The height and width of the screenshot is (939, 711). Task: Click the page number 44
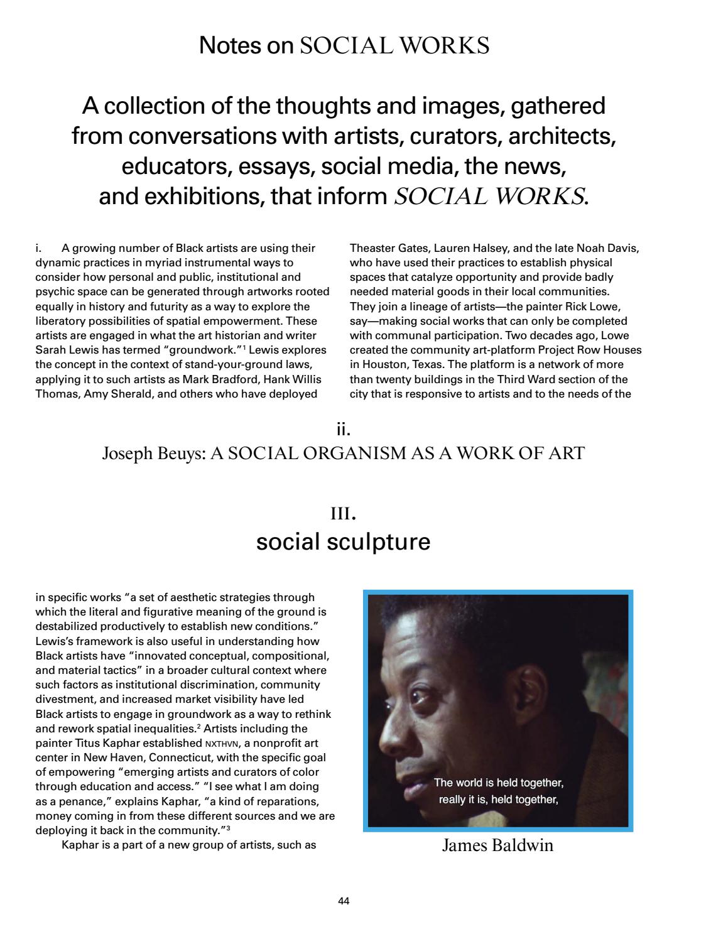click(344, 901)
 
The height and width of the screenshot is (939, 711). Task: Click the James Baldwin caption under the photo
click(497, 845)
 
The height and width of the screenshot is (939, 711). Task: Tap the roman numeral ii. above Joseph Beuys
click(344, 430)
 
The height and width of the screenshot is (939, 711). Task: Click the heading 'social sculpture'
click(344, 541)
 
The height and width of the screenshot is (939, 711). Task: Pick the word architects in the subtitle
click(562, 136)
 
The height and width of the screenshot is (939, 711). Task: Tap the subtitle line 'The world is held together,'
click(499, 783)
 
